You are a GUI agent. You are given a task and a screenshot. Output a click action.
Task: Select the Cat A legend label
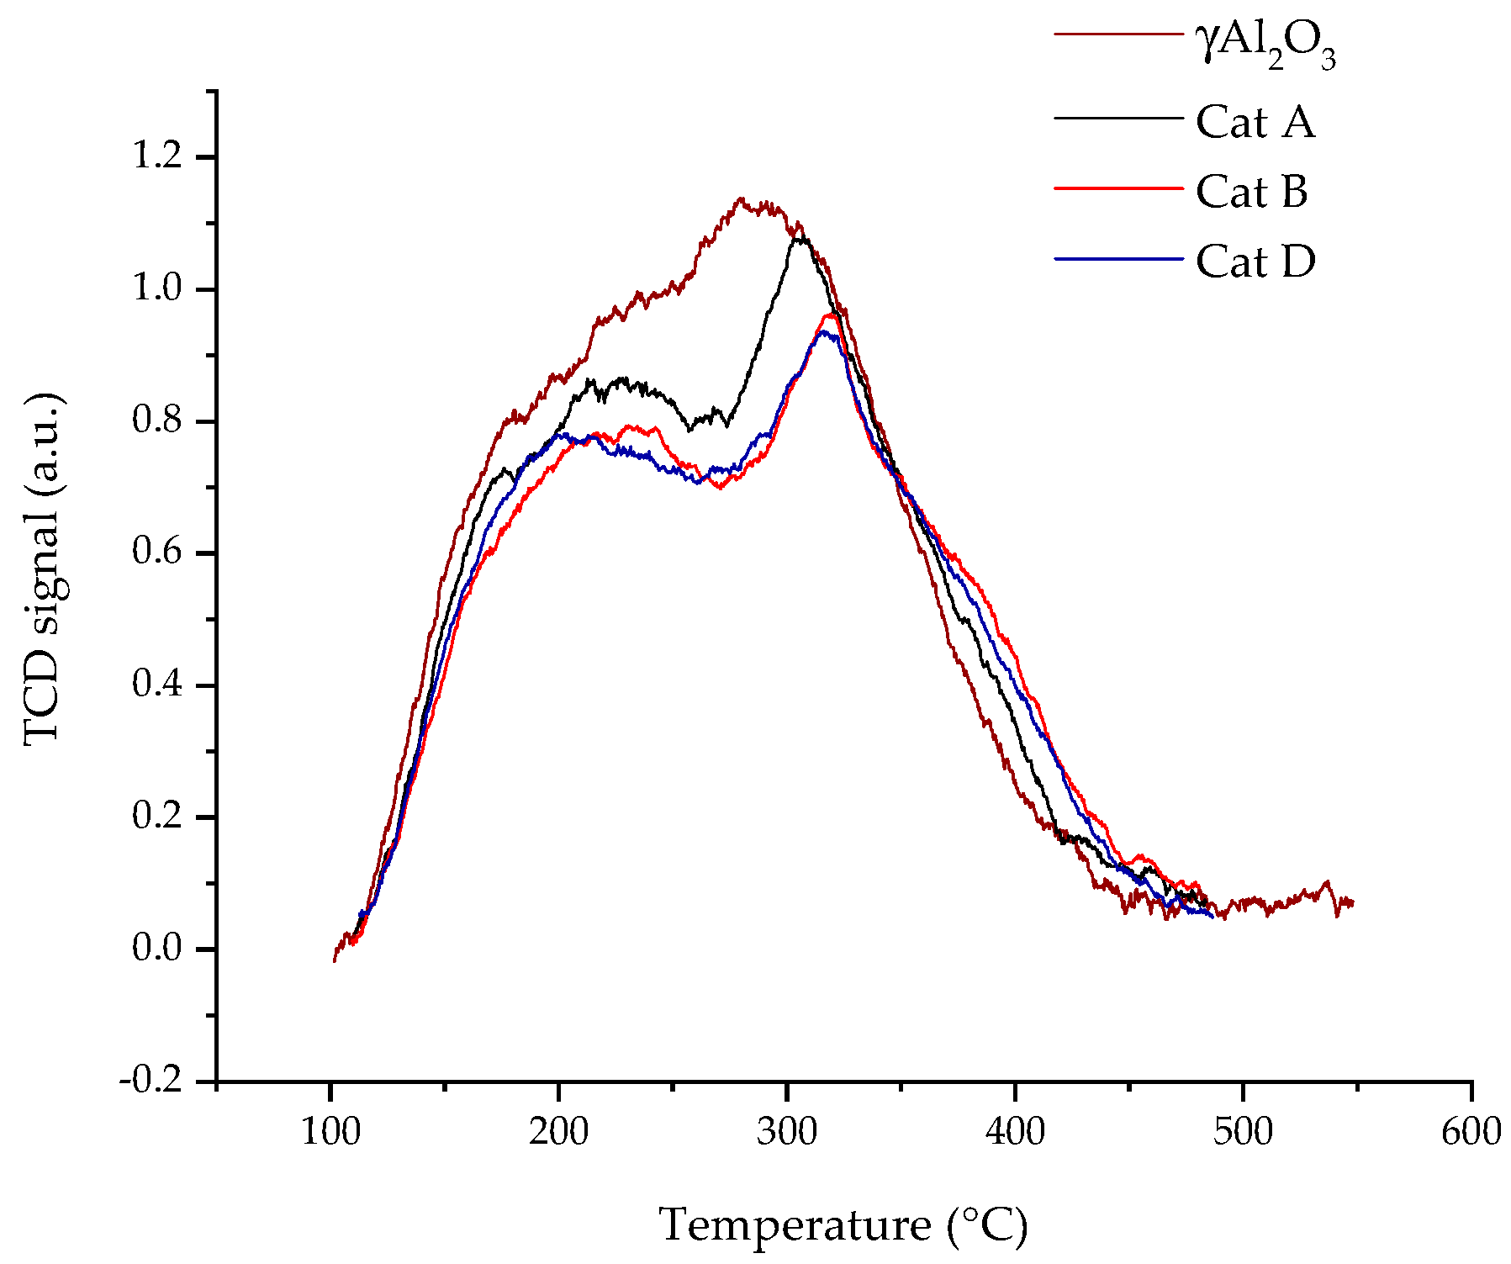(x=1255, y=123)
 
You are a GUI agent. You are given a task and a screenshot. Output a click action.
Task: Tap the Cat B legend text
(x=1251, y=193)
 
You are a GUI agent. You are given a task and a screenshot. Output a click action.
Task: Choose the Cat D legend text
(x=1255, y=262)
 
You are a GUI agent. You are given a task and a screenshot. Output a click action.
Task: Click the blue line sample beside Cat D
(x=1118, y=259)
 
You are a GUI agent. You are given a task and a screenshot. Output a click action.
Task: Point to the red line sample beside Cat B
(x=1118, y=189)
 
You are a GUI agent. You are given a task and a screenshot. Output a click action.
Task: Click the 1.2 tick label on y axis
(x=157, y=156)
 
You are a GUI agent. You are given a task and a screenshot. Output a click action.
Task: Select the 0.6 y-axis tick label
(x=157, y=553)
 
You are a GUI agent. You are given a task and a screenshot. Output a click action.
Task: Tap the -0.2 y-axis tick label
(x=151, y=1081)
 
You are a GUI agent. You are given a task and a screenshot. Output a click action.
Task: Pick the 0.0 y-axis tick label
(x=157, y=949)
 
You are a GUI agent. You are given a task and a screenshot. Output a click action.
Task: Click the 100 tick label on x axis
(x=330, y=1133)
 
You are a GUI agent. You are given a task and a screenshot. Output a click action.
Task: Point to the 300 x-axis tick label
(x=787, y=1133)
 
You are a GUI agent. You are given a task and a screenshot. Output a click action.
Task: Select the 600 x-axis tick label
(x=1471, y=1133)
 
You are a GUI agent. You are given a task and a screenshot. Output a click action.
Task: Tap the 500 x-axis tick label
(x=1243, y=1133)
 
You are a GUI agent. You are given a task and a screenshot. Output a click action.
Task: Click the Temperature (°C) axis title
(x=843, y=1225)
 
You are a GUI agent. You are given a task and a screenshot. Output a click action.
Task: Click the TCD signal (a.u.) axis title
(x=42, y=569)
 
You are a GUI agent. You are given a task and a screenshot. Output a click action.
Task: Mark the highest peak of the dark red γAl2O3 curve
(x=740, y=199)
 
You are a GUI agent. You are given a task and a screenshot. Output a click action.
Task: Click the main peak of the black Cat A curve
(x=800, y=238)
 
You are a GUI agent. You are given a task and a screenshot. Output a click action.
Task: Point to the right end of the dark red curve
(x=1352, y=903)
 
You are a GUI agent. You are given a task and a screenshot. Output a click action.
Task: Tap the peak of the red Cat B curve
(x=830, y=315)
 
